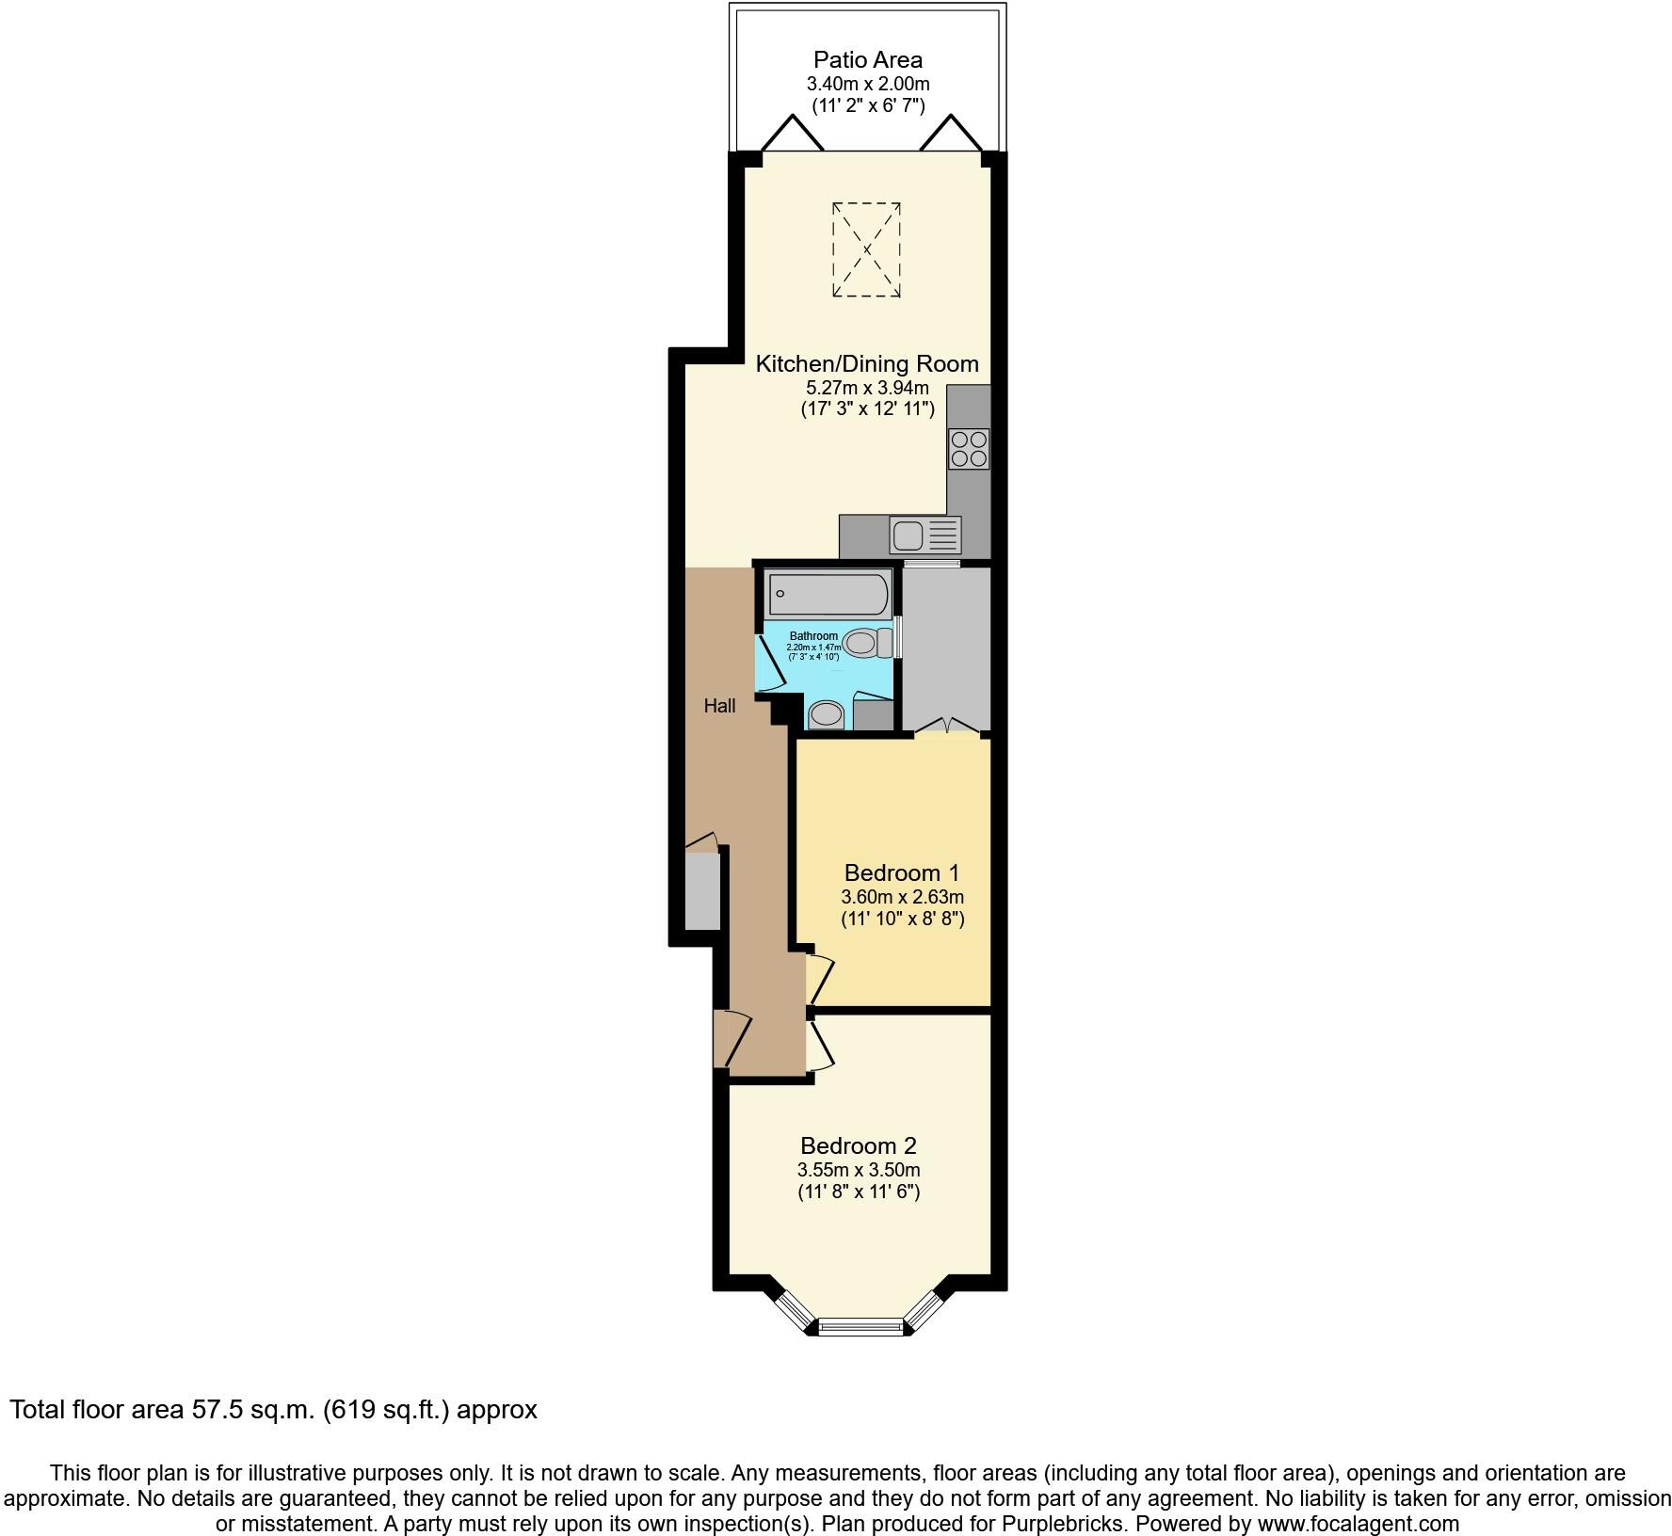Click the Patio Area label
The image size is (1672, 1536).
click(868, 60)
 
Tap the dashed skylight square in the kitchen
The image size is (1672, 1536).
click(866, 249)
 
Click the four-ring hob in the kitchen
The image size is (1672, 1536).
click(969, 449)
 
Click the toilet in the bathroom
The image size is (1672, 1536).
click(869, 644)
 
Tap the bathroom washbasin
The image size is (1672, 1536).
click(827, 714)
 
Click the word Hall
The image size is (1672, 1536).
click(719, 706)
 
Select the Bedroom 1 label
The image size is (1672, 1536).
click(901, 872)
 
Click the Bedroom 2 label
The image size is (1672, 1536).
click(858, 1145)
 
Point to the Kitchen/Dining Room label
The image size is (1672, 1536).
click(867, 363)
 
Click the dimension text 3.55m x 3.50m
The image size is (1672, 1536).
click(858, 1170)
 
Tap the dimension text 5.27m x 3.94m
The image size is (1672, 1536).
click(867, 388)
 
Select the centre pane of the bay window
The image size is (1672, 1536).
click(860, 1327)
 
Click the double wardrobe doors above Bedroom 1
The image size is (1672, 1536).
click(947, 726)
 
